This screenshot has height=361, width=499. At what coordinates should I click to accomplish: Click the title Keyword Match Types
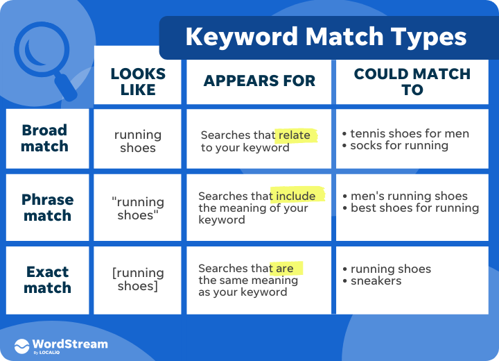click(326, 37)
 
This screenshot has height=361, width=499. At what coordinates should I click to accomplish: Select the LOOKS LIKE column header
click(138, 81)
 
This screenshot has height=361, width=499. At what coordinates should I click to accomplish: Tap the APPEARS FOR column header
click(259, 81)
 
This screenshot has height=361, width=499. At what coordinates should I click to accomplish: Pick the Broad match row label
click(45, 138)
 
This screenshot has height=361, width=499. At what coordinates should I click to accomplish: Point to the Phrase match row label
click(47, 208)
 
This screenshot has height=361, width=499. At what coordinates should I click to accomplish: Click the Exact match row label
click(47, 279)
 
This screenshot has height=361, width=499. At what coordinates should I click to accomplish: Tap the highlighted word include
click(296, 196)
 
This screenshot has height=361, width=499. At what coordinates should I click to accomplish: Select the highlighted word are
click(285, 269)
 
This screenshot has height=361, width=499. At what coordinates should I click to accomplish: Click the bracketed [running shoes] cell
click(138, 279)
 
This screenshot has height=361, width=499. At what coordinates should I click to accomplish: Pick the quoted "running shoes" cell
click(138, 208)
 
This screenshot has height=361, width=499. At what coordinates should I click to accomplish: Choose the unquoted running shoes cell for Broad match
click(138, 141)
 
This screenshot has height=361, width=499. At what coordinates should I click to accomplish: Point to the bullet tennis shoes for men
click(409, 133)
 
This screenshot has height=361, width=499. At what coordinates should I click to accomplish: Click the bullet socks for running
click(399, 146)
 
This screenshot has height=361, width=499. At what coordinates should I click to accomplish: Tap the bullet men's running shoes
click(409, 196)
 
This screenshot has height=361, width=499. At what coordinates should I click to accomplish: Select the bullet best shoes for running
click(414, 208)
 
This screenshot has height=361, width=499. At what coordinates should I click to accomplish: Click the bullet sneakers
click(376, 281)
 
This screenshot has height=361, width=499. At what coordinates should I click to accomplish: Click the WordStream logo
click(61, 345)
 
